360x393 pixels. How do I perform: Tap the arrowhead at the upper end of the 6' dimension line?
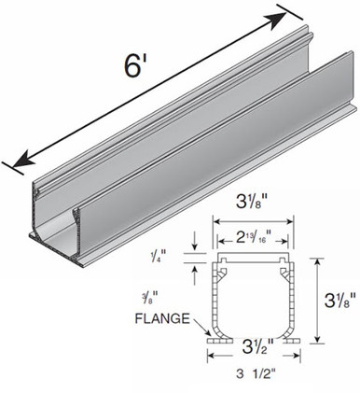pos(278,21)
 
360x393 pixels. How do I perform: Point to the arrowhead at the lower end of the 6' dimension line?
pos(21,159)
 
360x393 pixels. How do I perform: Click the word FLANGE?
pos(162,318)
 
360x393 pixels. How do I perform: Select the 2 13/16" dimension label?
pos(253,238)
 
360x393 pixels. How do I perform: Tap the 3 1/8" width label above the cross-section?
pos(252,204)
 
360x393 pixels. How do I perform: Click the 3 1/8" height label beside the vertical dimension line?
pos(339,301)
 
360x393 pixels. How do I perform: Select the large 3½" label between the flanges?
pos(258,345)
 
